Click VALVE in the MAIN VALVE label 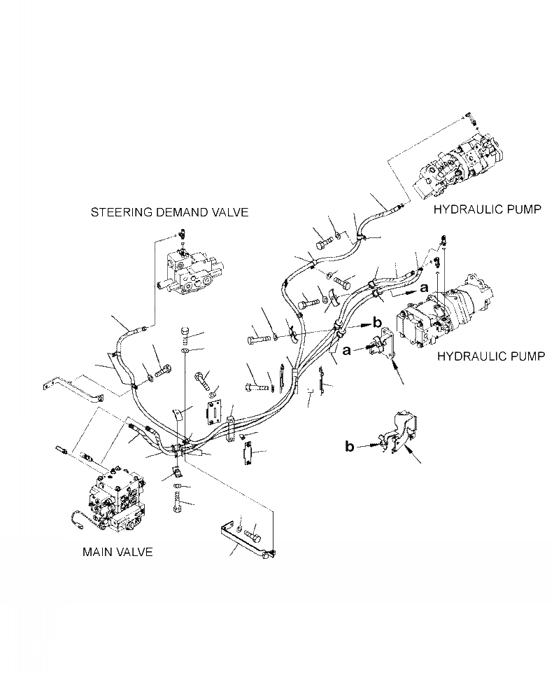pyautogui.click(x=136, y=552)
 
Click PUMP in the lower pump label pyautogui.click(x=524, y=356)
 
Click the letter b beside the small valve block pyautogui.click(x=350, y=445)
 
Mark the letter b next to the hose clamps pyautogui.click(x=376, y=323)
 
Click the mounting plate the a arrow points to pyautogui.click(x=383, y=348)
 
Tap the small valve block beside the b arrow pyautogui.click(x=400, y=431)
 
